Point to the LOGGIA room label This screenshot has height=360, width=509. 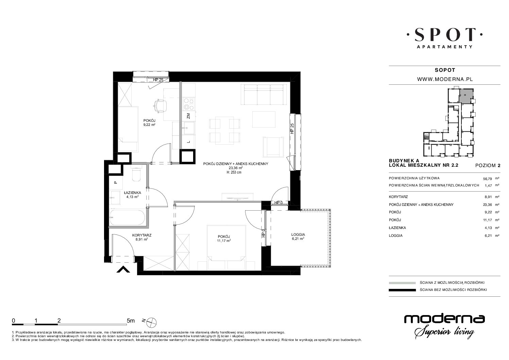click(298, 234)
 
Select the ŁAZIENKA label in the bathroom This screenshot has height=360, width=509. click(133, 193)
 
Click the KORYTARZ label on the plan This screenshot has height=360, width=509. click(142, 235)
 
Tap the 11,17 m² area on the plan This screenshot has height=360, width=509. click(224, 241)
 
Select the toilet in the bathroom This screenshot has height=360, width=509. click(137, 175)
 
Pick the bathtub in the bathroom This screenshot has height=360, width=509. click(127, 218)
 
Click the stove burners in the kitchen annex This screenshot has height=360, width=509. click(189, 104)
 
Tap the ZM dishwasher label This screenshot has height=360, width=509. click(188, 116)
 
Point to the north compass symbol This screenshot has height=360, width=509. click(151, 322)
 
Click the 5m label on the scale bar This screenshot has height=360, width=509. click(131, 321)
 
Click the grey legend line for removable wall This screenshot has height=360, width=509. click(402, 283)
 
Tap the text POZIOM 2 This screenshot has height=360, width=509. click(488, 166)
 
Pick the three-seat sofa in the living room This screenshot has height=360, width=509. click(264, 95)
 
